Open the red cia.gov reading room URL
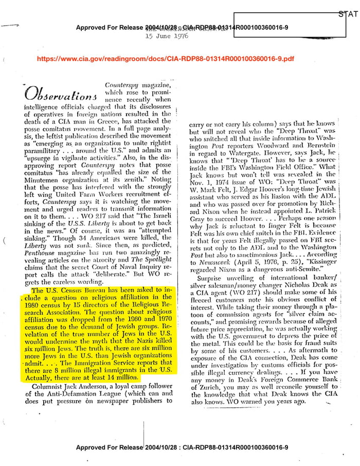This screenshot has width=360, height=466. (166, 59)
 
